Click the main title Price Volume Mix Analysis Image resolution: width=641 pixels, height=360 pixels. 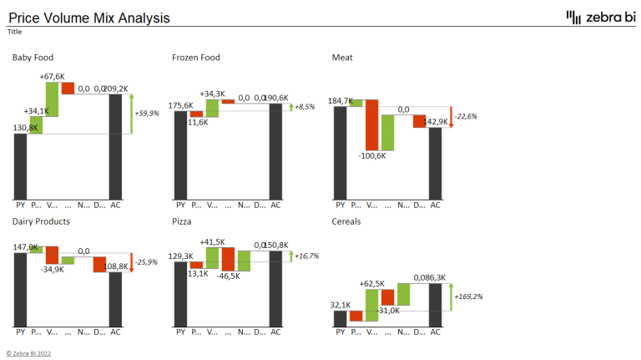(88, 18)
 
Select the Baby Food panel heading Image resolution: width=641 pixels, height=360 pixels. (33, 58)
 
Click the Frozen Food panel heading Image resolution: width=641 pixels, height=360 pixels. (196, 58)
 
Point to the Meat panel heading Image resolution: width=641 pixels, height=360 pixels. (342, 58)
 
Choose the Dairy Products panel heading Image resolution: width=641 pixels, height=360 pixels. (41, 221)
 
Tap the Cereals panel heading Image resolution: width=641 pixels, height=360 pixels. (347, 221)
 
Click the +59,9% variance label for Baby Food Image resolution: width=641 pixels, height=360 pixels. (148, 114)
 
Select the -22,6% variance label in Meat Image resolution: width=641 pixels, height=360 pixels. (466, 117)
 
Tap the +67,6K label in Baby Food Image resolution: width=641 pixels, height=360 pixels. (52, 77)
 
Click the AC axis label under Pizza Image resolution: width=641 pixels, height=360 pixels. (275, 332)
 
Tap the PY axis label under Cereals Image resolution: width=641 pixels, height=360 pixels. (340, 332)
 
